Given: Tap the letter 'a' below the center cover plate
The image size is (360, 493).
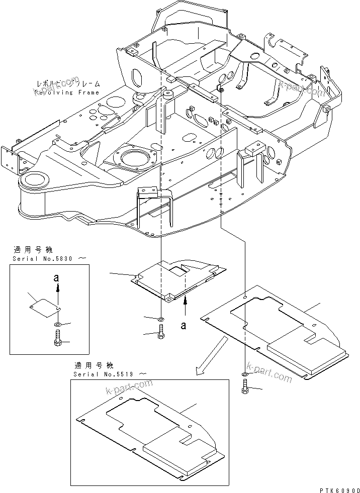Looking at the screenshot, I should coord(184,325).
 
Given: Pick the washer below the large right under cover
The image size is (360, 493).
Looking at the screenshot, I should coord(244,374).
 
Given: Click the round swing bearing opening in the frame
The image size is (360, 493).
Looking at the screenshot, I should coord(135,158).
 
